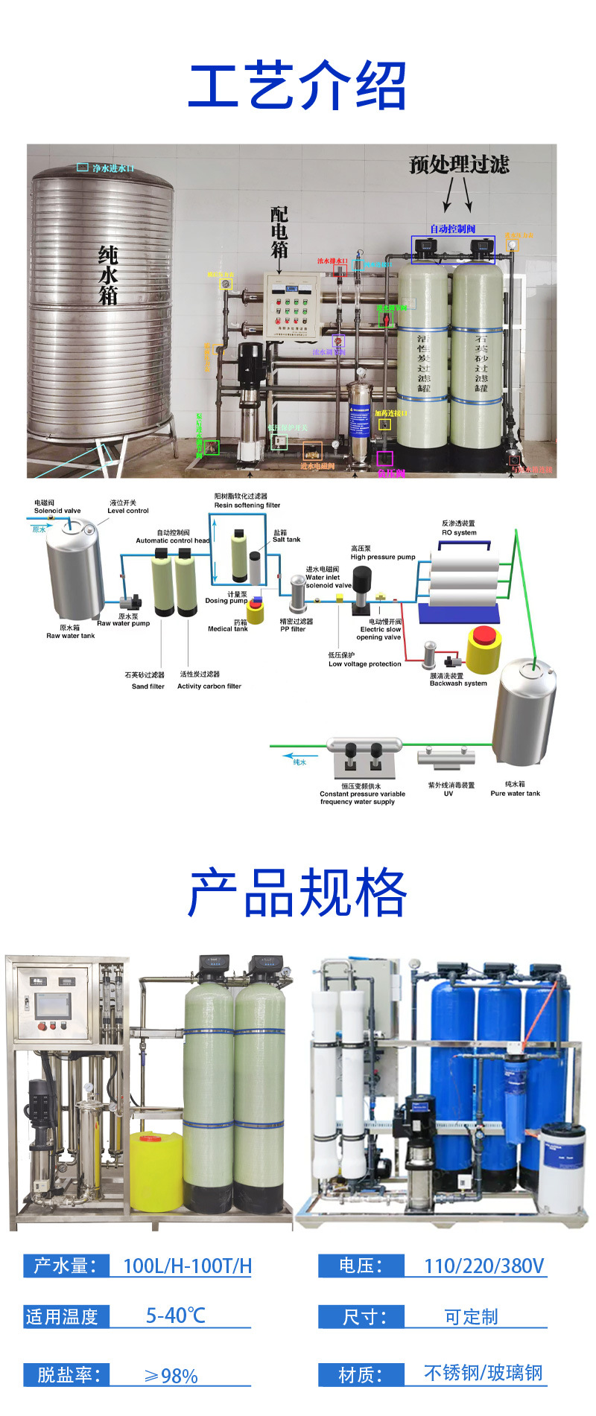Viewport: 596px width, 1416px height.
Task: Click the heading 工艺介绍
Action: [x=297, y=86]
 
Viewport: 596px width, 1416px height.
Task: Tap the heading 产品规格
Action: [x=297, y=893]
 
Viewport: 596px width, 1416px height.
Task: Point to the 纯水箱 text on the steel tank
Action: [x=108, y=275]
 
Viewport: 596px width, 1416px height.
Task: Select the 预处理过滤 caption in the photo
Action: [x=459, y=165]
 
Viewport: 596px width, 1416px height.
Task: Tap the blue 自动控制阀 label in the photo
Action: [x=452, y=229]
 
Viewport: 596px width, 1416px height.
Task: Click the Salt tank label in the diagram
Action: [x=286, y=540]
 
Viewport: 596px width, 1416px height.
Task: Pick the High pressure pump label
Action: [x=383, y=557]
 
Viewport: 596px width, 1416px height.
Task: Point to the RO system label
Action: [x=459, y=532]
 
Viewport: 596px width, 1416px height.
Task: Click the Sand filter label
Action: [x=148, y=686]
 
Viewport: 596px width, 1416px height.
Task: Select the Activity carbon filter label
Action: [x=209, y=686]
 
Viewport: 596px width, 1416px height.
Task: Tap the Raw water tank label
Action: [x=71, y=636]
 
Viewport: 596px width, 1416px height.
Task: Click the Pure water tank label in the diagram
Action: [x=515, y=794]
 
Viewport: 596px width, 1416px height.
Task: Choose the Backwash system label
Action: [x=458, y=683]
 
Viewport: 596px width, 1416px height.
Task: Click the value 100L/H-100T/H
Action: [x=187, y=1266]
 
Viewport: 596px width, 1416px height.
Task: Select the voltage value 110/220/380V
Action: [x=484, y=1266]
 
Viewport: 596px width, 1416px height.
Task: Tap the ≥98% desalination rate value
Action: [x=171, y=1376]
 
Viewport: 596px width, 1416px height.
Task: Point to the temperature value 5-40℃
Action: [x=175, y=1316]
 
